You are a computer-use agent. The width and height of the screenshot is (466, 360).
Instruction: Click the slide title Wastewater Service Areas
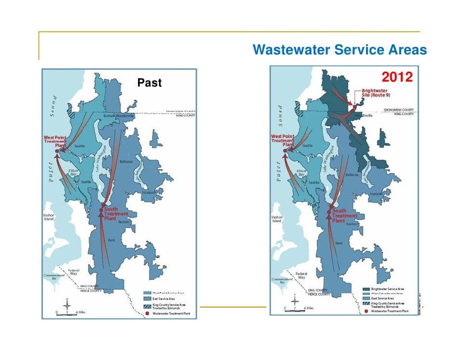[x=339, y=50]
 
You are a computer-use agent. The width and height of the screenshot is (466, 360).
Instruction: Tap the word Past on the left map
[x=149, y=83]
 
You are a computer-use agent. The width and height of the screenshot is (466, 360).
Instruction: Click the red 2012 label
[x=397, y=78]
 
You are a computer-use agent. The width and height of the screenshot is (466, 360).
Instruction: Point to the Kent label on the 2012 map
[x=339, y=243]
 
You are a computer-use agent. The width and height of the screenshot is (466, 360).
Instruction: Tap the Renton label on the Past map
[x=124, y=222]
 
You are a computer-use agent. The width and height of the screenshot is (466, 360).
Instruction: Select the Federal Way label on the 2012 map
[x=301, y=275]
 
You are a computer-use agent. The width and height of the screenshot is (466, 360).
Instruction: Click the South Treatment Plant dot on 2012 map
[x=328, y=213]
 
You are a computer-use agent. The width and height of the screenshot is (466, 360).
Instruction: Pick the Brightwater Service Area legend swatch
[x=366, y=288]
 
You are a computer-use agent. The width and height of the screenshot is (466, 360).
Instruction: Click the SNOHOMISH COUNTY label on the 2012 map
[x=399, y=110]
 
